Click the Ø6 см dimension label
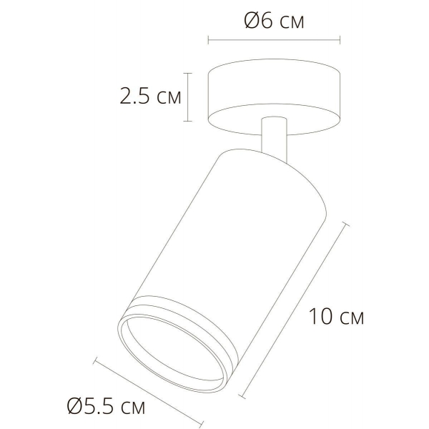274,22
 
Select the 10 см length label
337,317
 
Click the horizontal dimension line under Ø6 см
274,39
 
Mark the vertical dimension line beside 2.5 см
188,97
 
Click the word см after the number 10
350,317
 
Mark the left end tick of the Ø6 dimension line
208,39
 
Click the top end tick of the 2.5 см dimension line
188,72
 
